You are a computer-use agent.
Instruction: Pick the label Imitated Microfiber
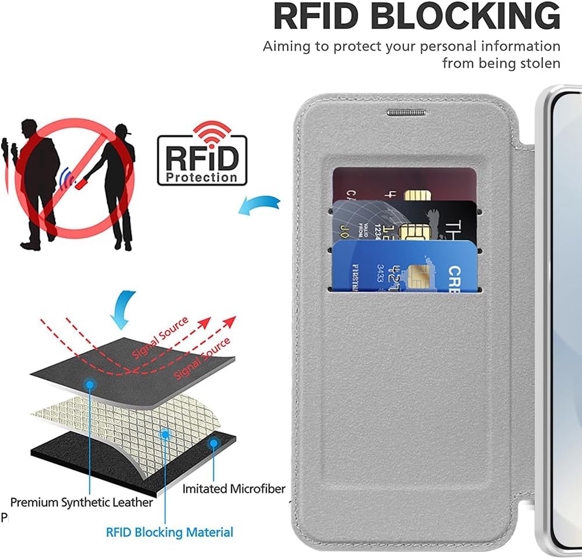click(234, 488)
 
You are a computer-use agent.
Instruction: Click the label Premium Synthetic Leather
click(82, 502)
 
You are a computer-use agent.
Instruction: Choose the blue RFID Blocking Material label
click(170, 532)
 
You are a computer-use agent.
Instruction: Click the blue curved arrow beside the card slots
click(259, 204)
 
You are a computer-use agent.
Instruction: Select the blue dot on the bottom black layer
click(214, 443)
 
